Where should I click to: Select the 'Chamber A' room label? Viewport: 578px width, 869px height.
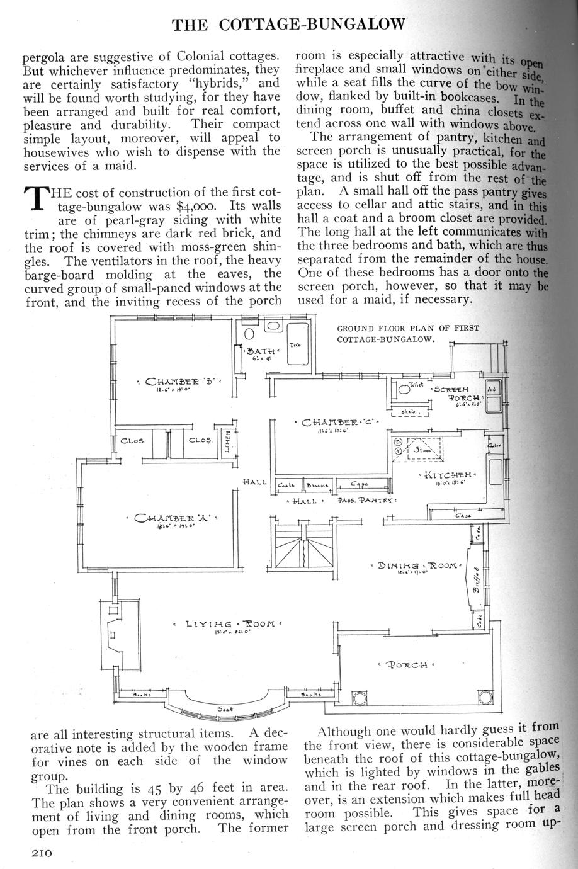(172, 519)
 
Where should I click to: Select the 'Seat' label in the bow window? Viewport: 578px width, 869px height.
(225, 709)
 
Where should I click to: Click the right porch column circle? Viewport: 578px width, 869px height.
(485, 699)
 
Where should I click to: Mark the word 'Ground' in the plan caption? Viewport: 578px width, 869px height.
(353, 328)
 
